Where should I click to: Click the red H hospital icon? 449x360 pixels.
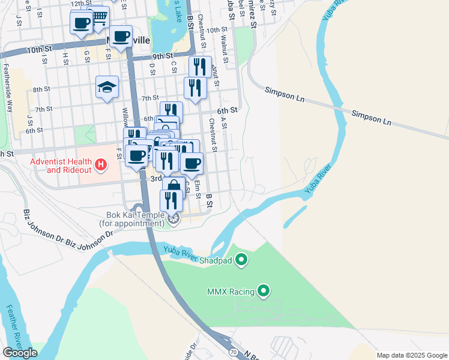(101, 163)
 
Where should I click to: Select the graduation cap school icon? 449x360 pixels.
(107, 87)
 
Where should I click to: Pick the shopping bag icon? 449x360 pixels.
(173, 187)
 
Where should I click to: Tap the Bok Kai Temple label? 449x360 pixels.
(132, 219)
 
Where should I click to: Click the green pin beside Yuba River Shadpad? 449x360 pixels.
(241, 260)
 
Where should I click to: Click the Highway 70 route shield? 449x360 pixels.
(232, 349)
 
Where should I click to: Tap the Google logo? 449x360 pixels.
(20, 353)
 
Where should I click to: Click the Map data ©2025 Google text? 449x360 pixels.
(411, 355)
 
